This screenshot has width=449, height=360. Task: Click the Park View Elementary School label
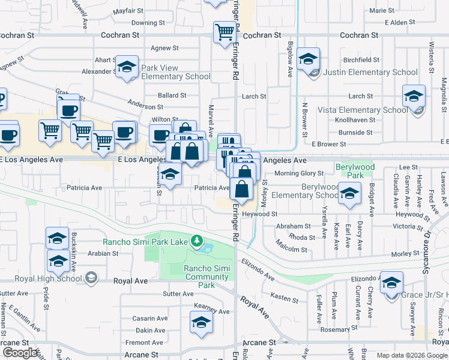click(x=175, y=72)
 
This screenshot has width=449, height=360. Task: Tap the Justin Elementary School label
click(x=370, y=73)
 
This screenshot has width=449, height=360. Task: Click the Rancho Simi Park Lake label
click(x=146, y=242)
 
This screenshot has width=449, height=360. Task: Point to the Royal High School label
click(x=41, y=278)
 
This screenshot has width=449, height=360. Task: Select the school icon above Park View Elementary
click(x=127, y=67)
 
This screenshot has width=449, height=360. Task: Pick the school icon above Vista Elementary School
click(x=414, y=96)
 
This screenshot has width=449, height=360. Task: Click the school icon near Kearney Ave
click(x=202, y=322)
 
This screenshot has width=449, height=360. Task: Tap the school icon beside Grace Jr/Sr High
click(x=391, y=283)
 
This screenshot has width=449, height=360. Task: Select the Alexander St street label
click(x=97, y=71)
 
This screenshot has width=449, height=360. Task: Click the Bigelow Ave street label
click(x=290, y=64)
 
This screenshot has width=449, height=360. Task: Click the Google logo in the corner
click(x=20, y=352)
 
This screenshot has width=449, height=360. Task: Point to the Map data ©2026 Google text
click(x=411, y=355)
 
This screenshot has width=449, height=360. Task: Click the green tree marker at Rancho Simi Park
click(x=196, y=241)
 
